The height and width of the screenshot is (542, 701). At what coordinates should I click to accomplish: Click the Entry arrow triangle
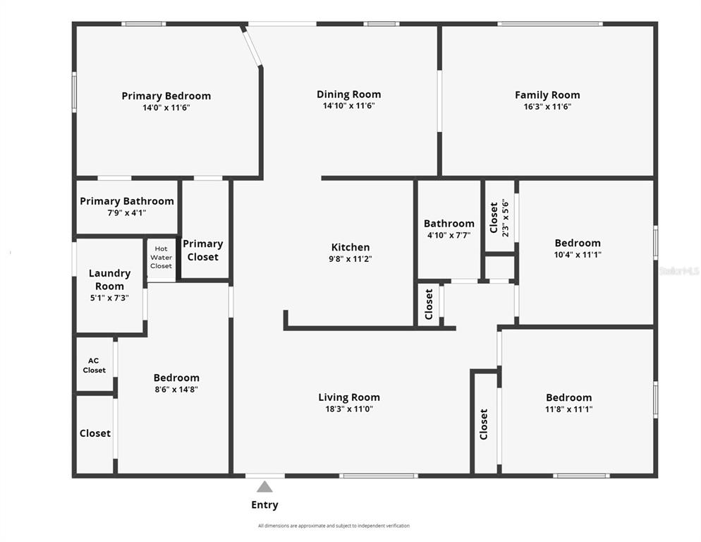(264, 487)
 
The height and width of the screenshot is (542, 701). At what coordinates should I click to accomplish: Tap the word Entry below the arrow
(264, 505)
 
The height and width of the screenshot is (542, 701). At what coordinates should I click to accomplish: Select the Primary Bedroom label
(166, 96)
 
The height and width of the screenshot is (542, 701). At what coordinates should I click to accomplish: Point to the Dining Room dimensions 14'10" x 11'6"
(348, 106)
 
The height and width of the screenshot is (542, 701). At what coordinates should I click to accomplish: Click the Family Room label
(548, 95)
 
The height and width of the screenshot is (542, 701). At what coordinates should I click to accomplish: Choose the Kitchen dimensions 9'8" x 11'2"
(350, 259)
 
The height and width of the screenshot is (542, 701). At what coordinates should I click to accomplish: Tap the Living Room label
(349, 397)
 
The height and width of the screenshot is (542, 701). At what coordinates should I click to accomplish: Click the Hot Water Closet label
(161, 258)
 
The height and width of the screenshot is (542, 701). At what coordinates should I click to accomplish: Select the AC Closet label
(94, 365)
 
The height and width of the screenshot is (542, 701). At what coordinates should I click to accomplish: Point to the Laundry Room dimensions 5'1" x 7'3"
(109, 298)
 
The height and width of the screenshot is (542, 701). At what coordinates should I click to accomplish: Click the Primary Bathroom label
(127, 201)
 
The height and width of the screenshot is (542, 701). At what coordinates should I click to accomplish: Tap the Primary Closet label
(203, 251)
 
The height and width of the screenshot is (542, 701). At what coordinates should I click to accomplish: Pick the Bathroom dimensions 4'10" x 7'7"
(449, 235)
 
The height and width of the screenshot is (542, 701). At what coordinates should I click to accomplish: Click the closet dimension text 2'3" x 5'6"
(505, 218)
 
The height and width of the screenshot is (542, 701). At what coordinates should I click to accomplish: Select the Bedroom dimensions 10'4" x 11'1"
(578, 255)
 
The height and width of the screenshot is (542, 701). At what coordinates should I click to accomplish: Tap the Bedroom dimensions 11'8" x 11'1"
(568, 409)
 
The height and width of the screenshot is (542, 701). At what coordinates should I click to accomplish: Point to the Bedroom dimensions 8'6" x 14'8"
(176, 390)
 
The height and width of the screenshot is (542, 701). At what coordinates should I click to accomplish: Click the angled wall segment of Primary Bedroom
(252, 46)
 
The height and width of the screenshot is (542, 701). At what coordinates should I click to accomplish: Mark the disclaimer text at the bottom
(334, 526)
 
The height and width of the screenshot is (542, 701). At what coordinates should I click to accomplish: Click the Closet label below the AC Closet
(95, 433)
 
